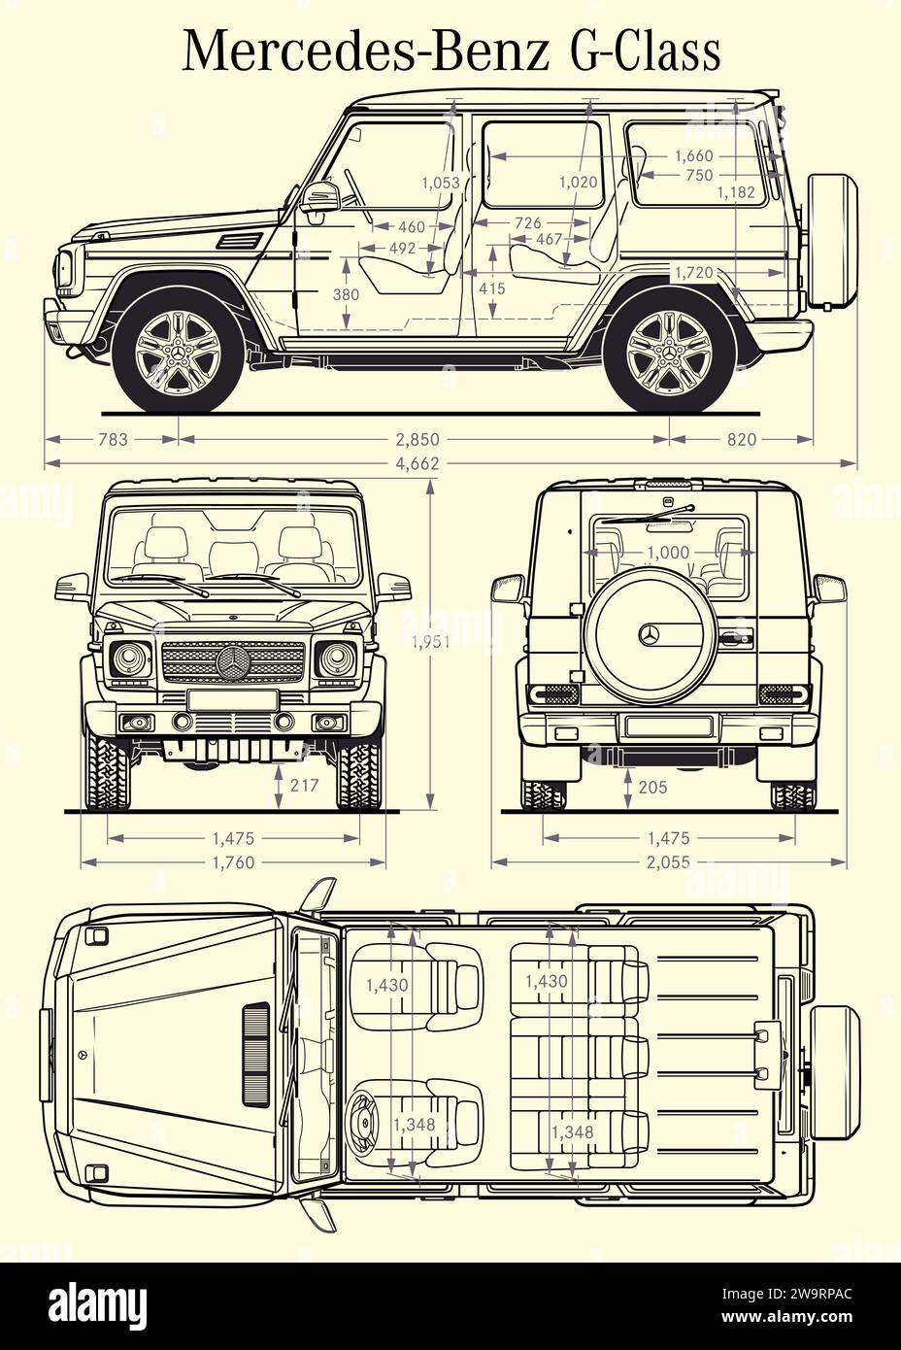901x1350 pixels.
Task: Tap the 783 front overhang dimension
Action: point(113,439)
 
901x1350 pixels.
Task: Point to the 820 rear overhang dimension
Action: point(741,439)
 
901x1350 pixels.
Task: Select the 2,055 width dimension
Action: point(668,861)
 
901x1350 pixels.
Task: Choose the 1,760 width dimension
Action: point(233,861)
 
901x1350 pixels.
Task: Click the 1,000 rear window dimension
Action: point(668,553)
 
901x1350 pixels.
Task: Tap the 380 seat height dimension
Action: point(346,294)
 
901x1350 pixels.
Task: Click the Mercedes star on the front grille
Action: point(234,664)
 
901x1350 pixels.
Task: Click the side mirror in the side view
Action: point(317,198)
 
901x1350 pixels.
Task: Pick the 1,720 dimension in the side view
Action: point(693,272)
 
